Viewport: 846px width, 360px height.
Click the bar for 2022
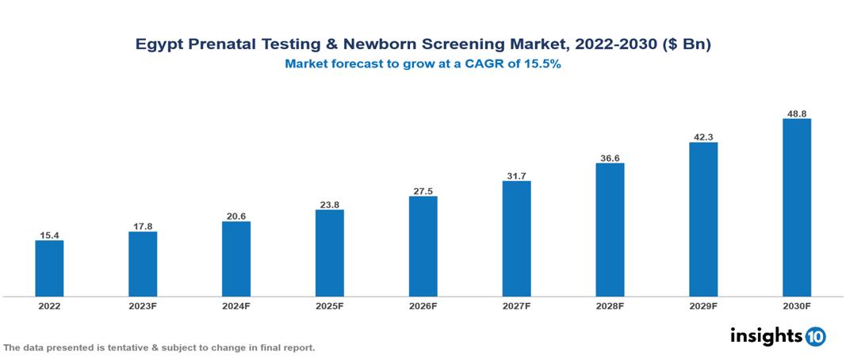tap(49, 268)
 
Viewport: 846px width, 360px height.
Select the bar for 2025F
tap(329, 253)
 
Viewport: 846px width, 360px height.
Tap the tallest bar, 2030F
tap(796, 208)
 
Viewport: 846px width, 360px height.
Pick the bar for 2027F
tap(516, 239)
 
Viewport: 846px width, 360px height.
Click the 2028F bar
tap(610, 230)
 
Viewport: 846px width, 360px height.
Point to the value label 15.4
tap(49, 235)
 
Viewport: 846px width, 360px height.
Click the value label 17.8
tap(143, 226)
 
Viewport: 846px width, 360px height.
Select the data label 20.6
tap(236, 216)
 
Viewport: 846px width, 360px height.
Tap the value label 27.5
tap(423, 190)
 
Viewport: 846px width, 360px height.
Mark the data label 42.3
tap(703, 136)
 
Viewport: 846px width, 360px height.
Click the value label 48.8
tap(796, 113)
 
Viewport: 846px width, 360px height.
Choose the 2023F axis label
tap(143, 306)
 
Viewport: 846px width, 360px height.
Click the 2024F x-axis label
tap(236, 306)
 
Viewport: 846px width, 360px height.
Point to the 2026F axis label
tap(423, 306)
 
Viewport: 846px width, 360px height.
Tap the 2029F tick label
tap(703, 306)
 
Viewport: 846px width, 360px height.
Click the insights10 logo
tap(778, 336)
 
